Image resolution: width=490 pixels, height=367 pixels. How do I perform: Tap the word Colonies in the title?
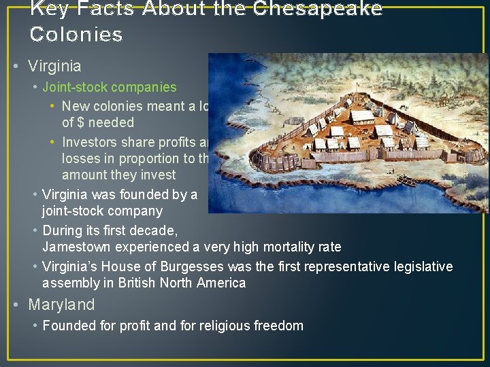pyautogui.click(x=76, y=35)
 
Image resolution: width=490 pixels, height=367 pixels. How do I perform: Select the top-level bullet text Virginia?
pyautogui.click(x=54, y=67)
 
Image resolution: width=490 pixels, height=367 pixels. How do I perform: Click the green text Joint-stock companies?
pyautogui.click(x=109, y=87)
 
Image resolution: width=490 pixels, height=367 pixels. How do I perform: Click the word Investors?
pyautogui.click(x=88, y=142)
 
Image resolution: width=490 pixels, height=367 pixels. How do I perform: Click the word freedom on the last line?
pyautogui.click(x=279, y=326)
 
